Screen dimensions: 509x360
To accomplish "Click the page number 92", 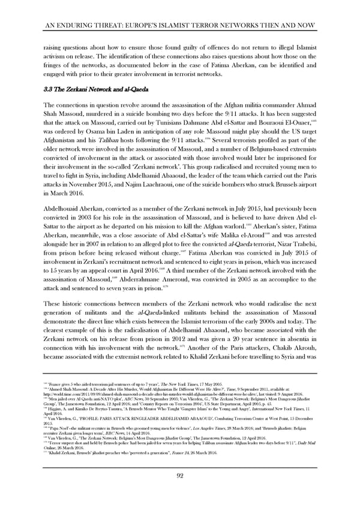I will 180,476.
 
